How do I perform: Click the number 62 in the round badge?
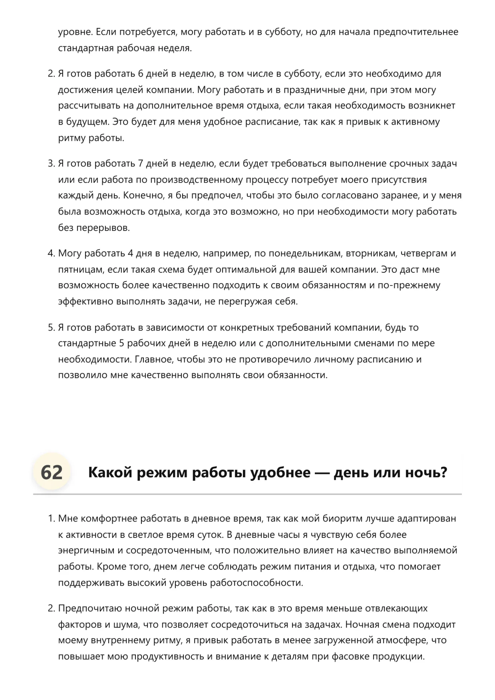click(x=52, y=472)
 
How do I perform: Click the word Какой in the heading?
click(x=109, y=473)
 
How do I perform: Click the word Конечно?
click(x=141, y=196)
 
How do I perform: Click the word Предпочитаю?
click(x=90, y=609)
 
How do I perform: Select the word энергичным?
click(x=86, y=551)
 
